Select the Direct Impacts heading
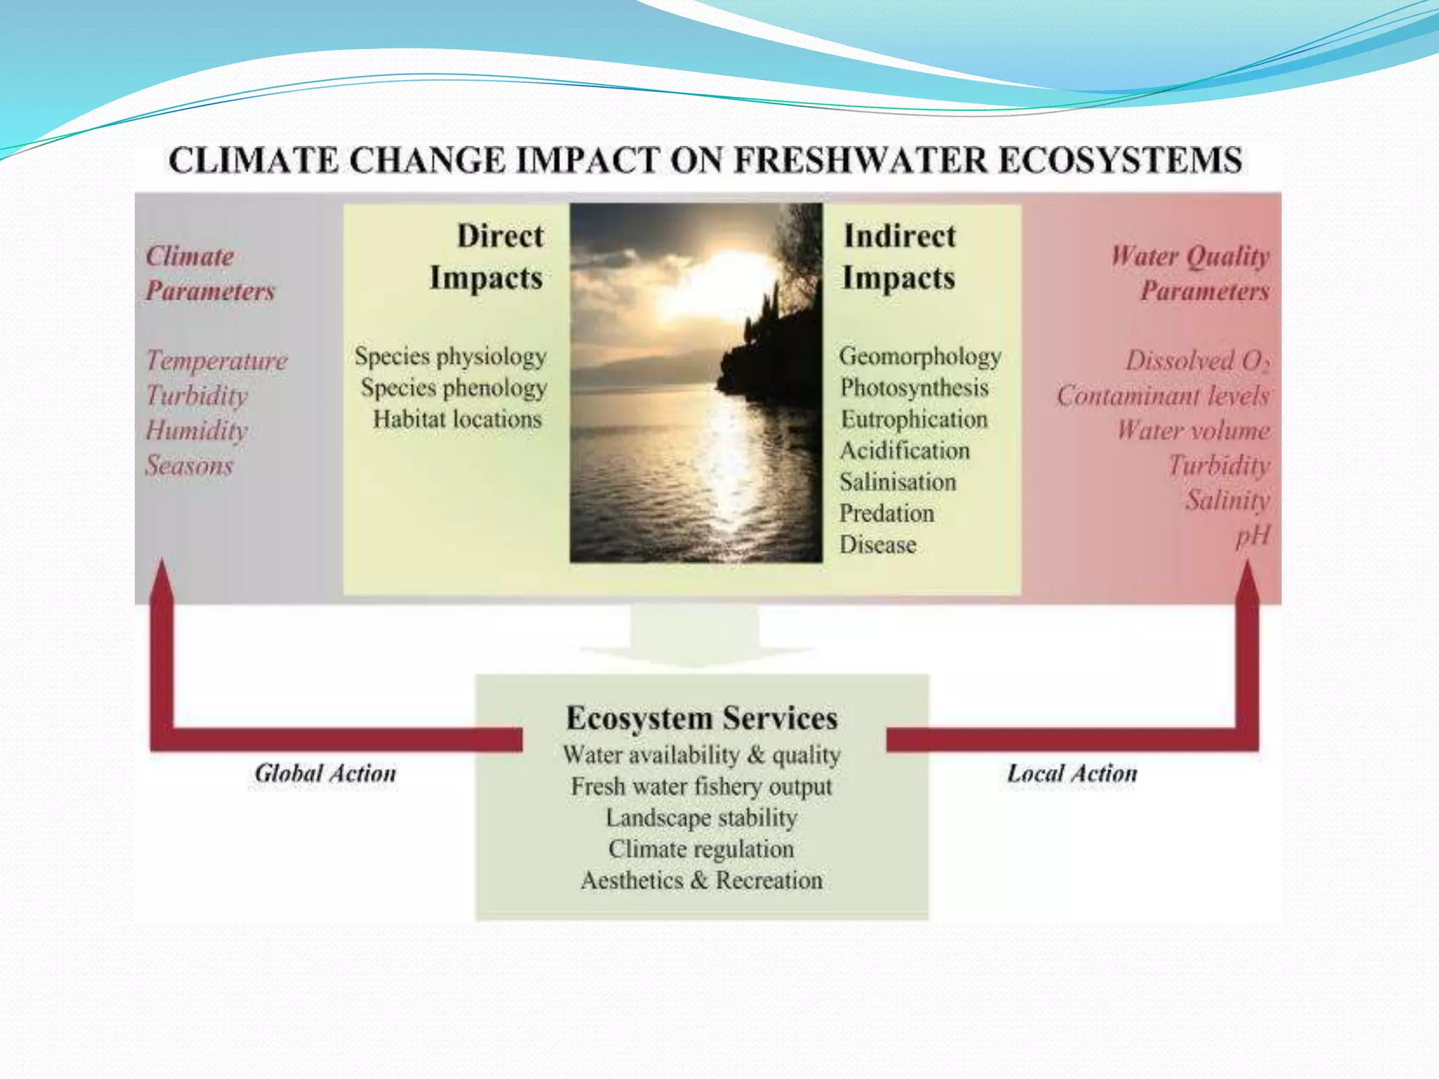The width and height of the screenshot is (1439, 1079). point(487,256)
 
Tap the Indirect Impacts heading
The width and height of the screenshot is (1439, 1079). point(899,256)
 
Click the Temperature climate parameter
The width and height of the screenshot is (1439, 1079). point(216,360)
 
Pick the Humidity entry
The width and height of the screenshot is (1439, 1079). point(197,430)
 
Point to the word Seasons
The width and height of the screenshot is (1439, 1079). point(189,465)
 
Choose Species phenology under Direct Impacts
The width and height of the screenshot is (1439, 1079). point(453,388)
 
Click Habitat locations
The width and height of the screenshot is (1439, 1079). point(457,419)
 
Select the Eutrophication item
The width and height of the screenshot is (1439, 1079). point(914,419)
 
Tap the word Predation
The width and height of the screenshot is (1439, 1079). point(887,514)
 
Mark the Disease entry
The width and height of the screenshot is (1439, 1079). point(878,545)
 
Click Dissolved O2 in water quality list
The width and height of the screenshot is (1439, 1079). point(1197,361)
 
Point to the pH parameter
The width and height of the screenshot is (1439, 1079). point(1252,536)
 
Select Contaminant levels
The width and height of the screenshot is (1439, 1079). point(1163,395)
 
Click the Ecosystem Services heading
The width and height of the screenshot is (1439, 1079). point(701,718)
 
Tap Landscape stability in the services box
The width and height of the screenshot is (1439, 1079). point(701,818)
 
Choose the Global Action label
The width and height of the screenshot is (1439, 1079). point(325,773)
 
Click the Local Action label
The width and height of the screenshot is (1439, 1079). point(1072,773)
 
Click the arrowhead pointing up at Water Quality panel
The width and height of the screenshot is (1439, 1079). point(1248,583)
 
